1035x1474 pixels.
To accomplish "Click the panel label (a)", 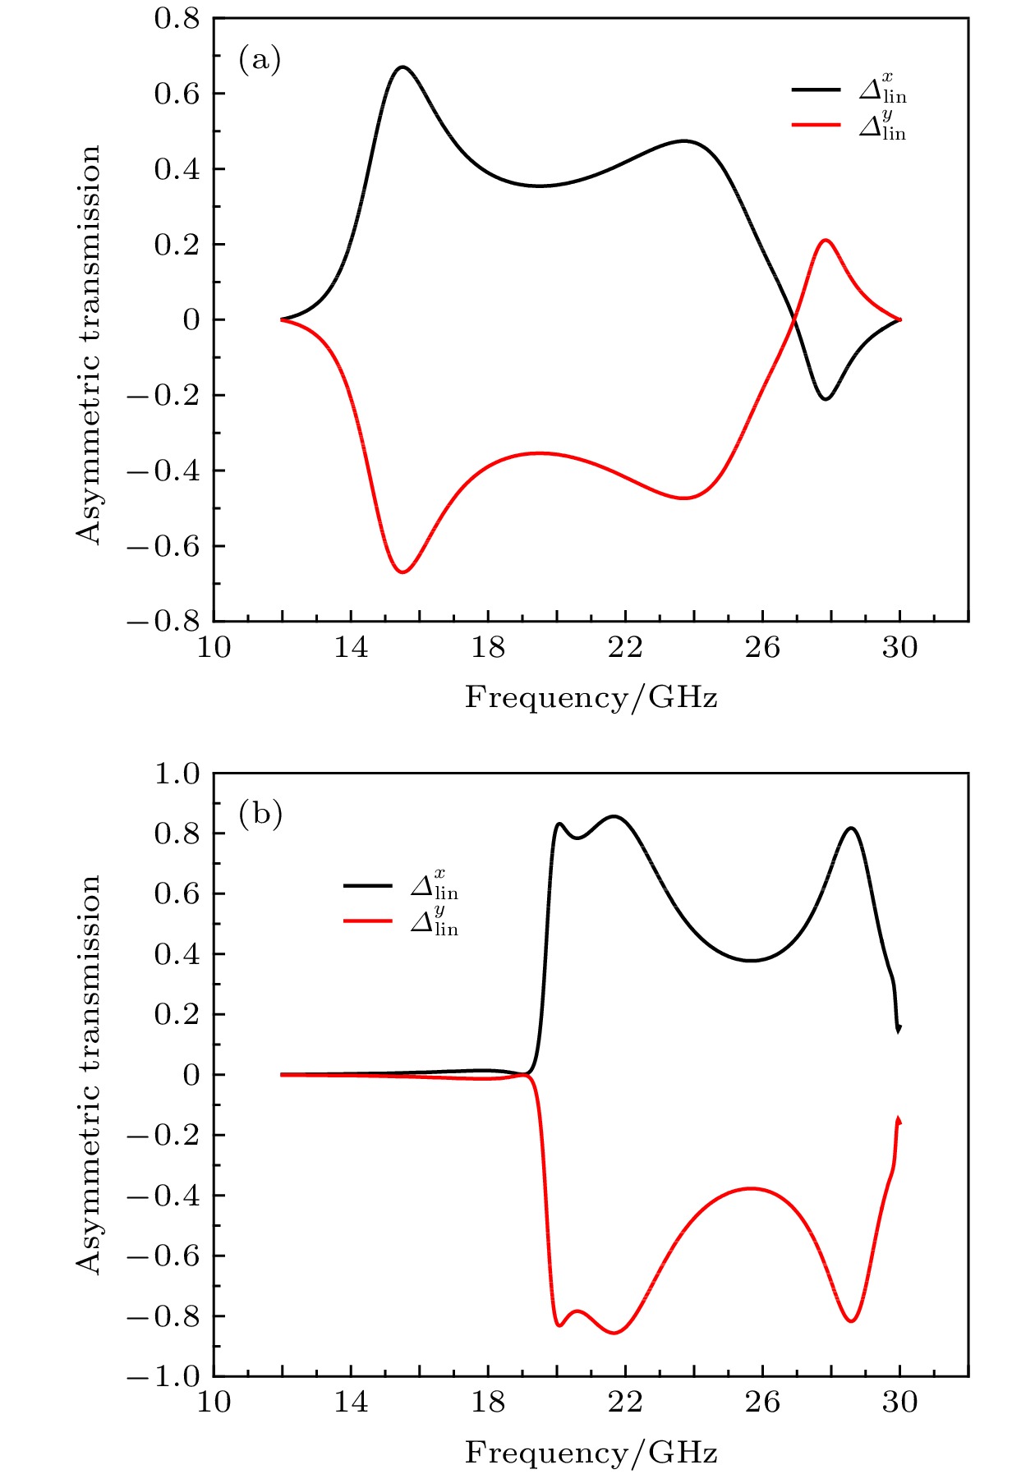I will click(260, 59).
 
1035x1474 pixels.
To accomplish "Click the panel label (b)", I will click(260, 814).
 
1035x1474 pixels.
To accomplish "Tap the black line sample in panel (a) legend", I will click(816, 90).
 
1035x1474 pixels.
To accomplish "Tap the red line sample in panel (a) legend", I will click(816, 125).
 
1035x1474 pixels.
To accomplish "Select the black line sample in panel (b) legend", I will click(367, 885).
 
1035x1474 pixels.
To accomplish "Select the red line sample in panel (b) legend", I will click(367, 921).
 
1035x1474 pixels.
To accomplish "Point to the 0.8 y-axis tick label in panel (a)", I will click(177, 18).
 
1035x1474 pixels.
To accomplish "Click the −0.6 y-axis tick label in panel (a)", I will click(164, 546).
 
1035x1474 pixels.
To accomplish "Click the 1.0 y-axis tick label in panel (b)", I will click(177, 774).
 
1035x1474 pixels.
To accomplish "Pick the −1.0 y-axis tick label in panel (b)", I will click(164, 1377).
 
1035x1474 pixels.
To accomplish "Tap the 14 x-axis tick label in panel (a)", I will click(351, 649).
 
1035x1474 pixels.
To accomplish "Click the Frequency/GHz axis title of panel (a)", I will click(591, 698).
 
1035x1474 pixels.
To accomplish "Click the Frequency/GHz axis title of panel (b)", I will click(591, 1453).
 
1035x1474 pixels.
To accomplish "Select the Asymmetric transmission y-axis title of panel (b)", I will click(89, 1074).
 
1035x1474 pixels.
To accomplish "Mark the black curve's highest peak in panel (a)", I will click(402, 67).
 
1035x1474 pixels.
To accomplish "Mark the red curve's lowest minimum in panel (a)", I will click(402, 572).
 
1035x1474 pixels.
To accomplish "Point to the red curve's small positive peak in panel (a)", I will click(825, 240).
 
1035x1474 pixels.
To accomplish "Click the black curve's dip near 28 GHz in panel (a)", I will click(825, 399).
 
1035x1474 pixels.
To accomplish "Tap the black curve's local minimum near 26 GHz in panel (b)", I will click(751, 960).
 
